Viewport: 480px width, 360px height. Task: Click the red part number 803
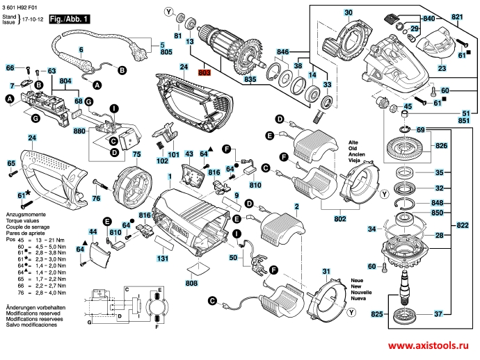coord(204,72)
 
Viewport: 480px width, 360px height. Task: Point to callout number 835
coord(250,81)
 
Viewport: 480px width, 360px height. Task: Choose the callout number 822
coord(463,226)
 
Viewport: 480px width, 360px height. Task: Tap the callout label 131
coord(162,259)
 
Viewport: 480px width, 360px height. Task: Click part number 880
coord(79,131)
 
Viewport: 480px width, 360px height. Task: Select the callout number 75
coord(137,153)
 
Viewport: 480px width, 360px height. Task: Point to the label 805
coord(166,51)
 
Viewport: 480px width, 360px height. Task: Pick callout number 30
coord(348,13)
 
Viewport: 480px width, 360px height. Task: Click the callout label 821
coord(456,15)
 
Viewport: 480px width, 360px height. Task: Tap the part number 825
coord(377,315)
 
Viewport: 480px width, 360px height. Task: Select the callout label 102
coord(162,161)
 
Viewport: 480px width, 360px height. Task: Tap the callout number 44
coord(93,231)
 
